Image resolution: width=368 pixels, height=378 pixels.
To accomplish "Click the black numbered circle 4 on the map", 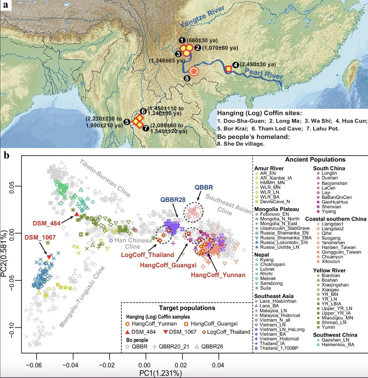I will (235, 65).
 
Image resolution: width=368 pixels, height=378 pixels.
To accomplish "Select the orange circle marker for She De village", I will (194, 71).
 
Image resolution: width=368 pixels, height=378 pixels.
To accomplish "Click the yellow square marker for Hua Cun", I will (228, 69).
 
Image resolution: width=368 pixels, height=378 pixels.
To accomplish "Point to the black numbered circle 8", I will (187, 78).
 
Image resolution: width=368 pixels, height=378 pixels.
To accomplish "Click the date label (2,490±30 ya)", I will (258, 65).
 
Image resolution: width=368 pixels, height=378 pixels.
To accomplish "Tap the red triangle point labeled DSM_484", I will (76, 214).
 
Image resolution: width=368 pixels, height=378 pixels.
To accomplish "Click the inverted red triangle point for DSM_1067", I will (49, 257).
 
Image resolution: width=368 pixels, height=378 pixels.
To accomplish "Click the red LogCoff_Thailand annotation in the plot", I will (147, 255).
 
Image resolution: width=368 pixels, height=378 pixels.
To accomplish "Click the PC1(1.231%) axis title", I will (160, 373).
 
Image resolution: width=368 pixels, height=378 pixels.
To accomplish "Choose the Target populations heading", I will (187, 308).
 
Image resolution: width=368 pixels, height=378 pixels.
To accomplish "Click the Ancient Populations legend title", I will (315, 160).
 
